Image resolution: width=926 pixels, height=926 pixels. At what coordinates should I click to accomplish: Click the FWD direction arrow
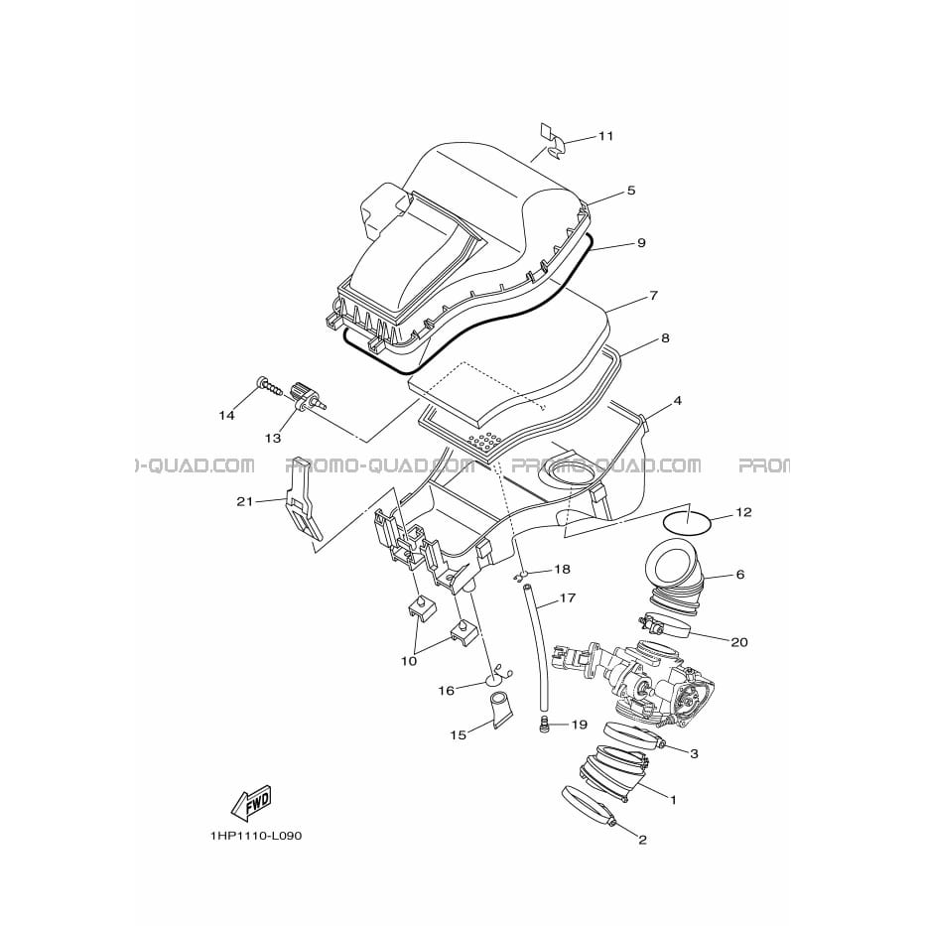point(251,804)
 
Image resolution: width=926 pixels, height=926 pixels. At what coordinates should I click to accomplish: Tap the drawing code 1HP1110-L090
point(255,837)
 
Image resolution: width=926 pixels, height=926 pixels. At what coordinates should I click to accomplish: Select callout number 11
point(605,136)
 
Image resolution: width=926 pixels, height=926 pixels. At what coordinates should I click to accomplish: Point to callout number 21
point(244,501)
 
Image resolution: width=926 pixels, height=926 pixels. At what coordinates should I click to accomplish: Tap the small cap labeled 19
point(545,725)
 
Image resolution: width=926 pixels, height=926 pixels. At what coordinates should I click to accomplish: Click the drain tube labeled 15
point(501,712)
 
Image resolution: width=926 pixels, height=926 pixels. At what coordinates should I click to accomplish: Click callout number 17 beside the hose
point(567,598)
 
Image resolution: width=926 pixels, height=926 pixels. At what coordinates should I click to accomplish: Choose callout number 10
point(409,661)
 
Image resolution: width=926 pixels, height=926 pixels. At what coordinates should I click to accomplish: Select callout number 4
point(677,401)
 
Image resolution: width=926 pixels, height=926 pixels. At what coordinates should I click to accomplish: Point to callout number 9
point(641,243)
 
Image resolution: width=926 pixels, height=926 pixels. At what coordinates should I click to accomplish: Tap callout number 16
point(447,690)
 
